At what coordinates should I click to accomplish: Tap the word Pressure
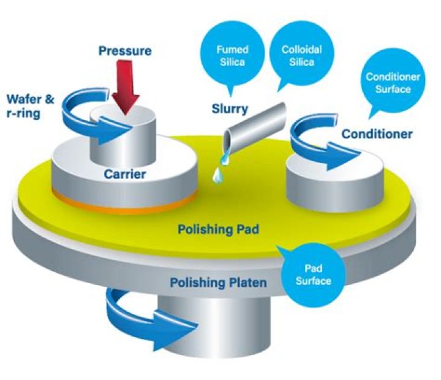125,51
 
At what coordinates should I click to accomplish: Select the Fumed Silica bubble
232,57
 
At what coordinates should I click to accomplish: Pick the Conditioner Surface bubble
393,82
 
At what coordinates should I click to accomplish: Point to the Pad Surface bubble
313,275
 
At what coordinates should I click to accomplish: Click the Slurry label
230,108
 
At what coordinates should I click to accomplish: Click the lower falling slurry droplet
217,176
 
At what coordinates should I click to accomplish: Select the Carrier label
125,174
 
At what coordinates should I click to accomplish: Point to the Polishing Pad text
218,229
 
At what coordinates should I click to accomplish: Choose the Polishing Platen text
218,283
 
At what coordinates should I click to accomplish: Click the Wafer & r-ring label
31,107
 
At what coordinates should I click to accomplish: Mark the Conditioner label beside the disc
377,134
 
